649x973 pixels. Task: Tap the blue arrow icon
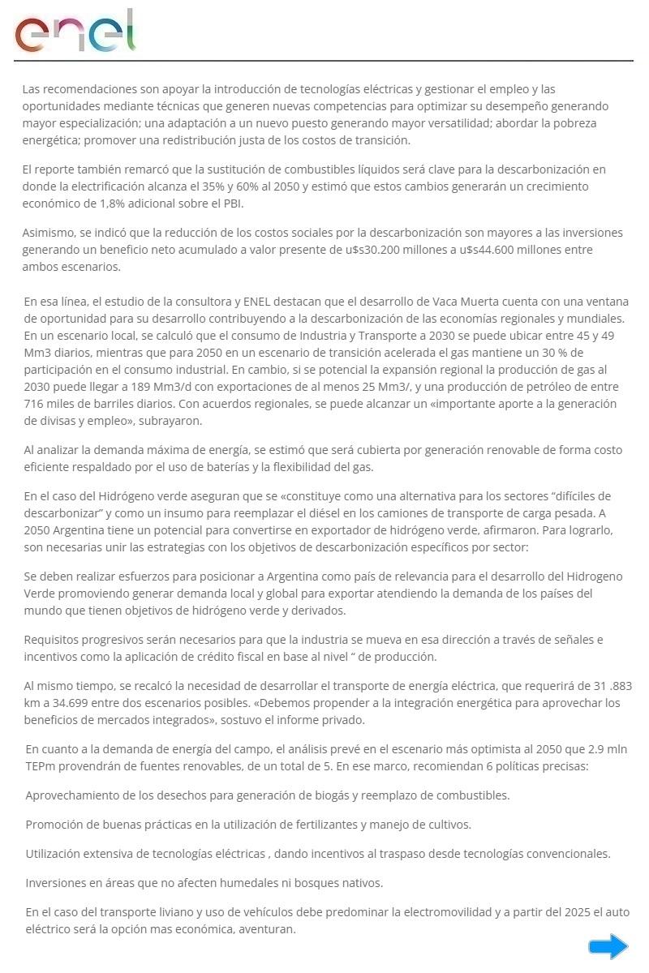click(x=608, y=945)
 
